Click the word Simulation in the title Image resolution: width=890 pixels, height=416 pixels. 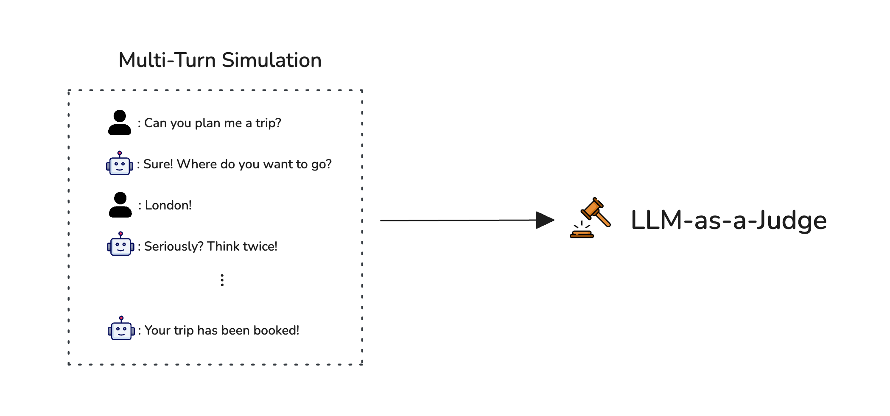click(x=271, y=60)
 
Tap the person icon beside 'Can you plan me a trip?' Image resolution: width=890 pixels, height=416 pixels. click(x=120, y=123)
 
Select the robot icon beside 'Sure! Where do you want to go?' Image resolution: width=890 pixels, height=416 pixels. click(x=120, y=164)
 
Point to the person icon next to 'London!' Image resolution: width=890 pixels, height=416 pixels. click(x=120, y=205)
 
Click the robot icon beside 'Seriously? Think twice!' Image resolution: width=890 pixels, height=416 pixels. click(x=120, y=245)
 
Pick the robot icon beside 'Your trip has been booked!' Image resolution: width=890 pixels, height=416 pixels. click(x=121, y=329)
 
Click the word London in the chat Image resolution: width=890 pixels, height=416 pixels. click(x=166, y=205)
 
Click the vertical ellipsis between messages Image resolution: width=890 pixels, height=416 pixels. click(x=222, y=280)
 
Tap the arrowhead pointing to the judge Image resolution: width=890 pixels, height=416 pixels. click(x=545, y=220)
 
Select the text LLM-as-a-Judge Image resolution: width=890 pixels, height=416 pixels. click(x=728, y=221)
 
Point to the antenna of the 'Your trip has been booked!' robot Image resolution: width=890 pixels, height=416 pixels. click(x=121, y=318)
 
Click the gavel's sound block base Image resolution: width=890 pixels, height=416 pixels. click(x=582, y=234)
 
